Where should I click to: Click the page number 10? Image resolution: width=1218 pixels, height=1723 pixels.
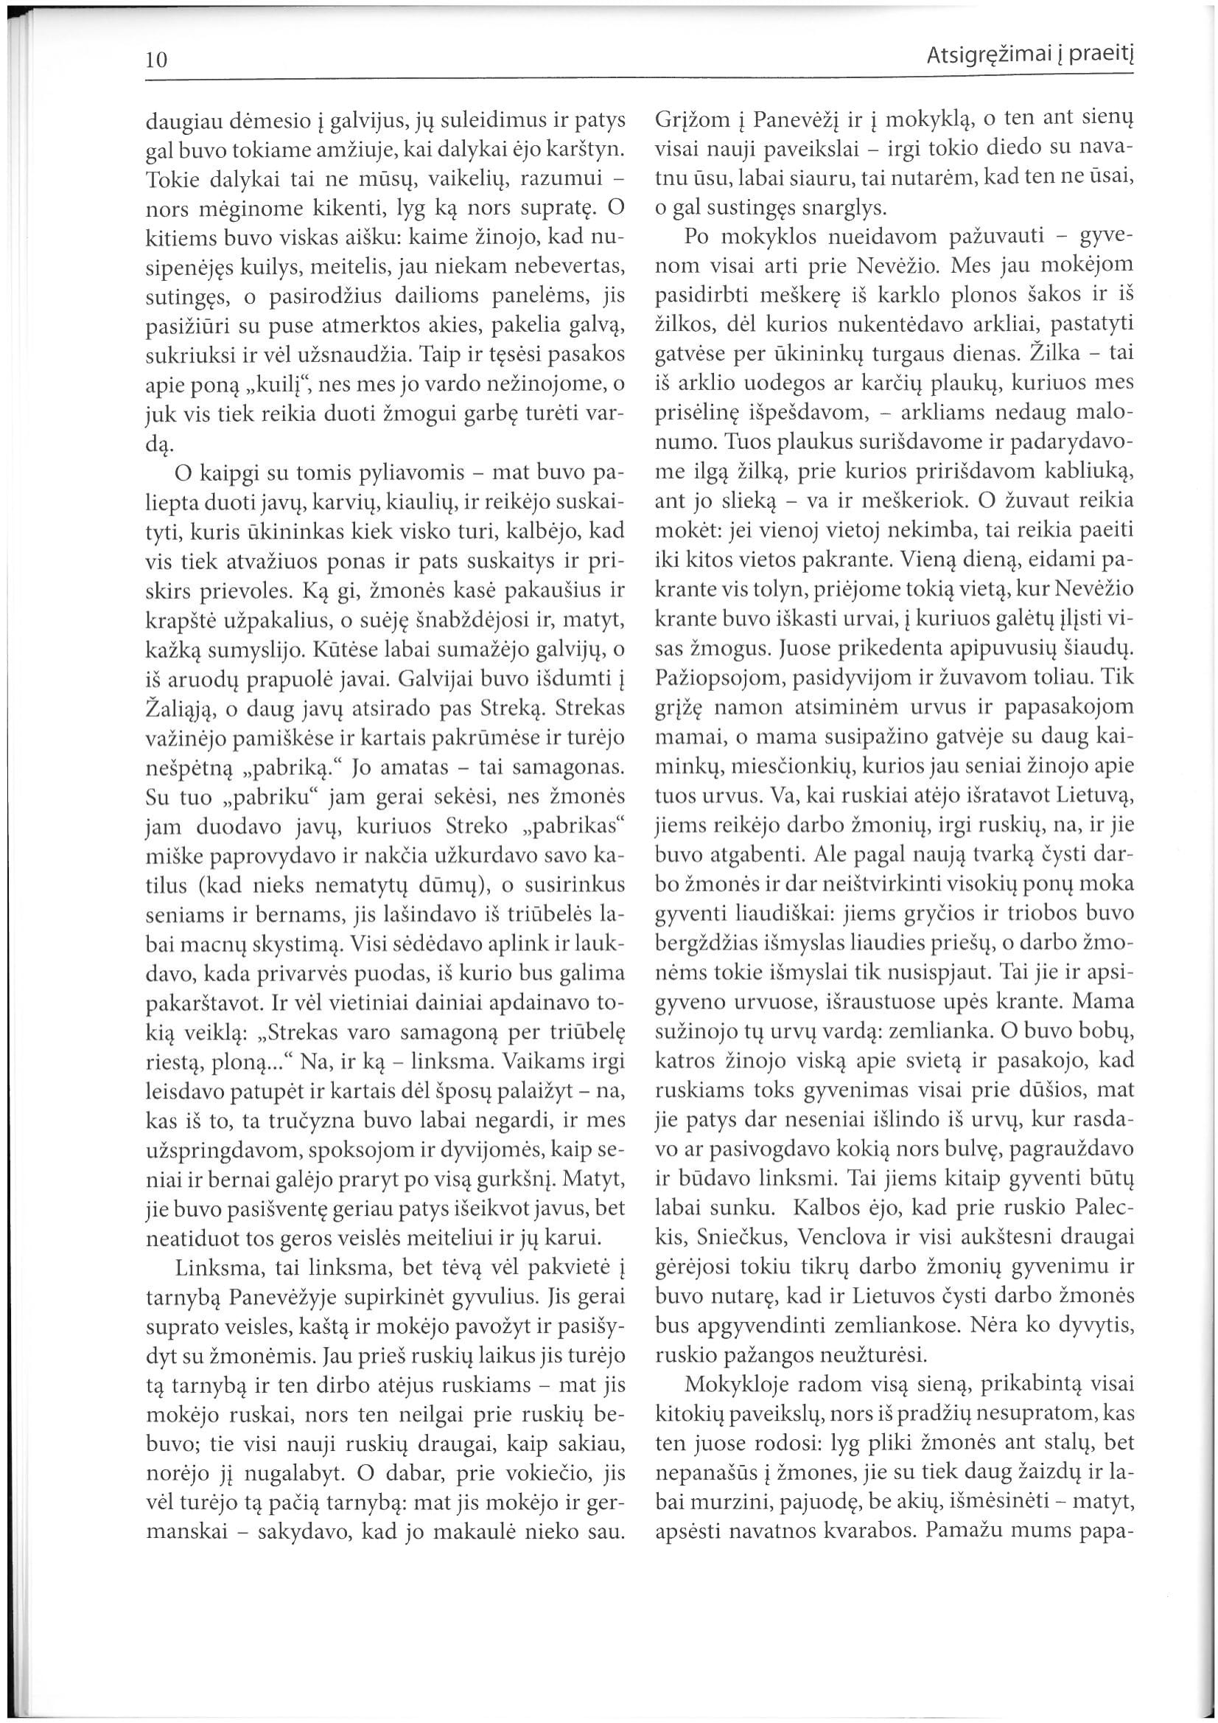156,59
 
